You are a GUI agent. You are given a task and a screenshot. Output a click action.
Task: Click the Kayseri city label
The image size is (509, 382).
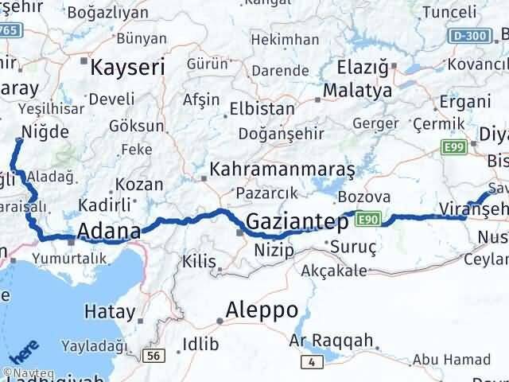(x=128, y=68)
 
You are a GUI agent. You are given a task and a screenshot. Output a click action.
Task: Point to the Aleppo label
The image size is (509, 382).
(x=262, y=309)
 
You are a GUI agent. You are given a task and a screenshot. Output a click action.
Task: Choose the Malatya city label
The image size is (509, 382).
(x=358, y=91)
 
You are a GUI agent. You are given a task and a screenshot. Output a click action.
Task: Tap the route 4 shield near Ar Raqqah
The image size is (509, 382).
(x=313, y=363)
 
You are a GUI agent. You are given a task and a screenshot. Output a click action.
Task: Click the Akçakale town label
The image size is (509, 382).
(x=336, y=271)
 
